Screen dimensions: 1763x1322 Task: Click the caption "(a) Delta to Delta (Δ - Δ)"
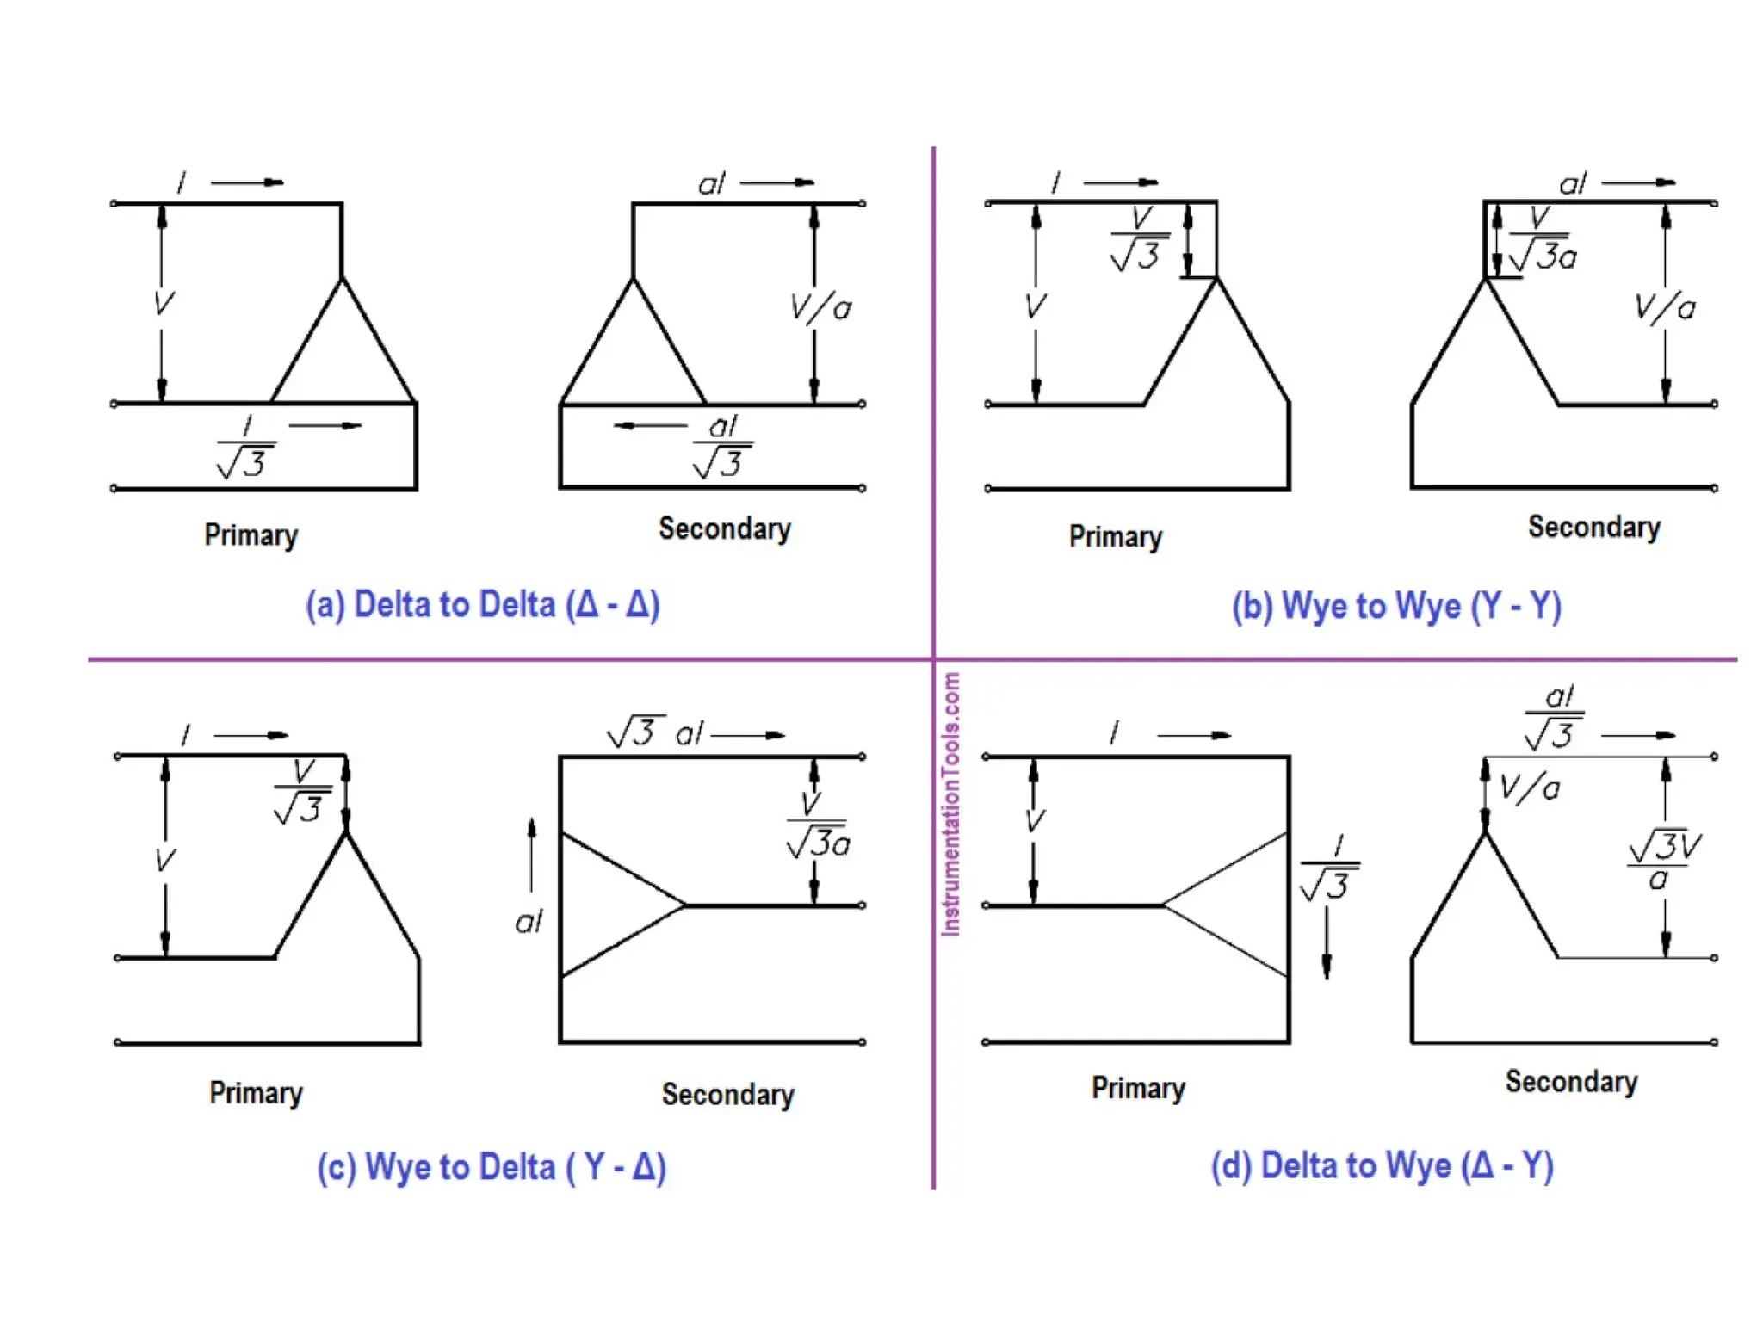point(482,605)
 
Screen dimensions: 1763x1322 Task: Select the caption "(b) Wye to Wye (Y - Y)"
point(1395,607)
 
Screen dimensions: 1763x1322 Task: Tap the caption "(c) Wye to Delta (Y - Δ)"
point(491,1168)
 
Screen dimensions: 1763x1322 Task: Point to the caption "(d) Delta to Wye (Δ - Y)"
point(1382,1166)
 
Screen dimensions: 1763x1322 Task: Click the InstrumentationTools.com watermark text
point(950,804)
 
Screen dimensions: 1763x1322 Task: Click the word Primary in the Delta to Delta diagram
point(251,535)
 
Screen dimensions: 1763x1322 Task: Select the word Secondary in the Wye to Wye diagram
point(1593,528)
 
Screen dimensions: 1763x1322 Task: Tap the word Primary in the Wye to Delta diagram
point(256,1093)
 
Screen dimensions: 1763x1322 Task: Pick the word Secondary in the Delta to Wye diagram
point(1571,1082)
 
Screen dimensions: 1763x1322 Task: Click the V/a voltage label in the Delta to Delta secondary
point(820,307)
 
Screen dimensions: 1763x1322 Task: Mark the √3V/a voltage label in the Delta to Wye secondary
point(1663,861)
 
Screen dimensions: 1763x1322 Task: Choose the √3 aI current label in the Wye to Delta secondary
point(654,732)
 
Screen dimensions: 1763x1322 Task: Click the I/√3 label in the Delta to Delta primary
point(246,448)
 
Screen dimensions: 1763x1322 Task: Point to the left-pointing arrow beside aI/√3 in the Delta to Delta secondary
point(650,425)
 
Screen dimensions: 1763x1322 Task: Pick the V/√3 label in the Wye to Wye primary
point(1139,238)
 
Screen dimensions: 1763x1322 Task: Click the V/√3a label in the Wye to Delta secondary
point(817,826)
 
